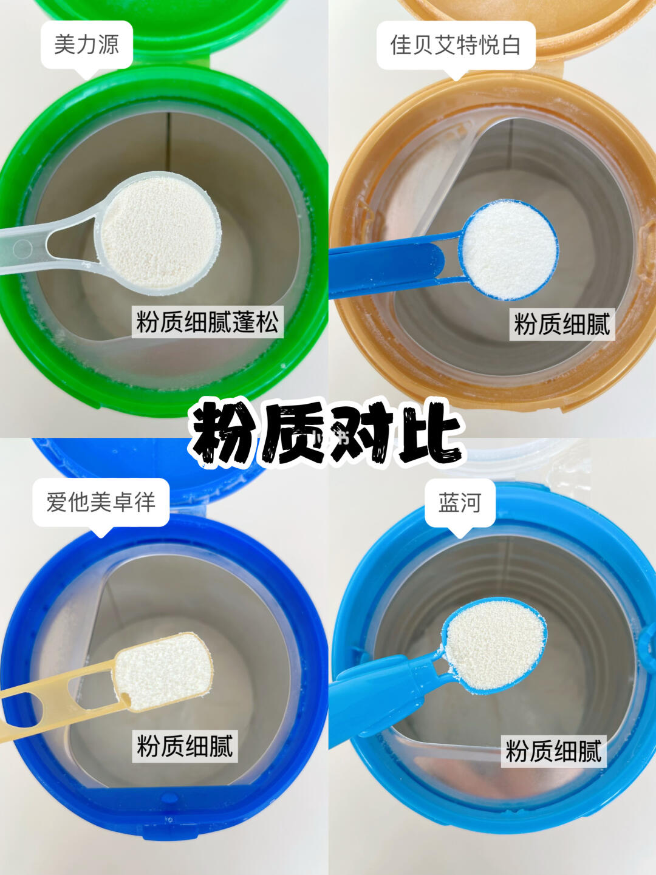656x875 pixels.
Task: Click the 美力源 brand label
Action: [x=86, y=44]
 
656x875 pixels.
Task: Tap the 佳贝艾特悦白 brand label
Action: [x=456, y=45]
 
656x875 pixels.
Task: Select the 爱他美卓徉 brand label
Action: [x=100, y=502]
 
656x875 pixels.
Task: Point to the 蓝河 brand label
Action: [x=460, y=502]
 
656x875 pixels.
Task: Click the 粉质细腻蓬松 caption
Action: [x=207, y=322]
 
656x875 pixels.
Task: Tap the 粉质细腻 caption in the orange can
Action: [x=562, y=324]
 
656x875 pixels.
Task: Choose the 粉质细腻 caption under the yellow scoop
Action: [x=185, y=746]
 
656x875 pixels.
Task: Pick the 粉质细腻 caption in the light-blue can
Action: [x=553, y=751]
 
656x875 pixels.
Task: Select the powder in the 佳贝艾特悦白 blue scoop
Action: [x=509, y=250]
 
